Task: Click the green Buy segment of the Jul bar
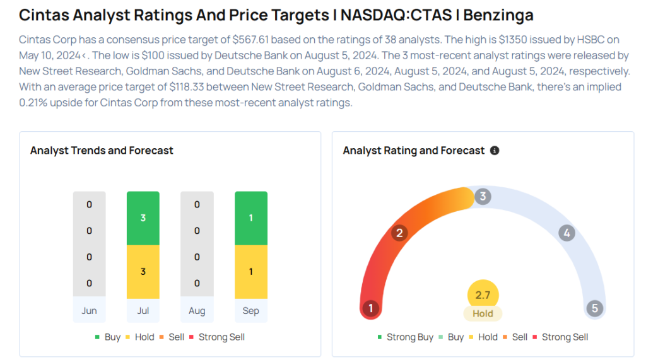point(143,218)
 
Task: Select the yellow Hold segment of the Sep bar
point(251,271)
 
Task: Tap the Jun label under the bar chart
point(89,310)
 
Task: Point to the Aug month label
point(197,310)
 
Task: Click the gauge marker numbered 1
point(371,308)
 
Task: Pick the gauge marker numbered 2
point(399,233)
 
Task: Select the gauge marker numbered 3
point(483,196)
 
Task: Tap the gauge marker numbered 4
point(567,233)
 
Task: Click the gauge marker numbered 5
point(594,308)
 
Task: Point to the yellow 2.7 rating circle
point(483,295)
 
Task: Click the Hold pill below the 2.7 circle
point(483,313)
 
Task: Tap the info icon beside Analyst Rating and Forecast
point(495,151)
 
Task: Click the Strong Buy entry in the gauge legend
point(406,337)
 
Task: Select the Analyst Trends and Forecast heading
point(102,151)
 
